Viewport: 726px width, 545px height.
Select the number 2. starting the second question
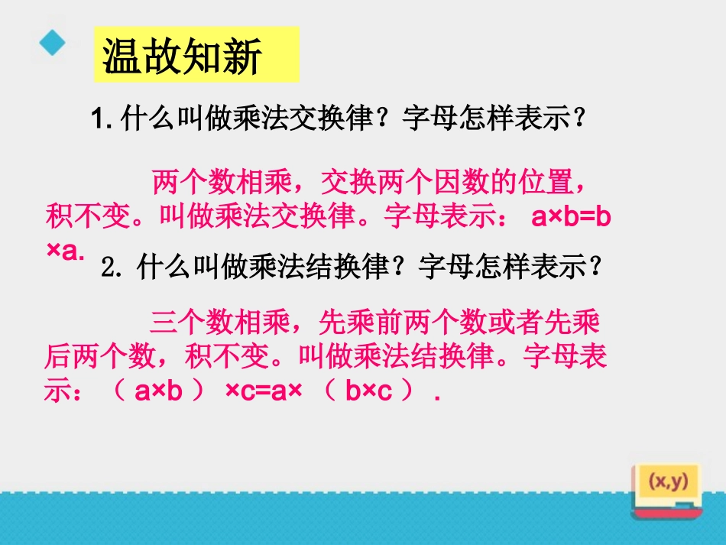pos(112,268)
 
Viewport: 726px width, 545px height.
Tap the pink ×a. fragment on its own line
pos(65,251)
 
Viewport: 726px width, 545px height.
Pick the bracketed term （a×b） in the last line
pos(159,391)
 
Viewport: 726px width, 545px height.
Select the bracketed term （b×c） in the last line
pos(369,391)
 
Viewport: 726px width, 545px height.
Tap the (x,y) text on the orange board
pos(668,482)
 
